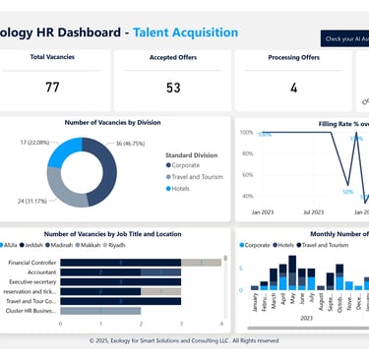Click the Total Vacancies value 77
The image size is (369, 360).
[x=52, y=88]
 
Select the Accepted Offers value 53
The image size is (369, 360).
[x=173, y=88]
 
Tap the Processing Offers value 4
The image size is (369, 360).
[x=293, y=88]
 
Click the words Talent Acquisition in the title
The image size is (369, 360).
[x=185, y=32]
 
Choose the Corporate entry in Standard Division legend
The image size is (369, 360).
[x=192, y=166]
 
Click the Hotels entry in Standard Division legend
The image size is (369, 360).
[x=187, y=188]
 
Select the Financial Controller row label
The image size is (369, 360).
[x=31, y=263]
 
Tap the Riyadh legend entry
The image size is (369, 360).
[x=116, y=244]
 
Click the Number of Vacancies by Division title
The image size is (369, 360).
[x=112, y=122]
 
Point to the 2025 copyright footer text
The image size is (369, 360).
[x=184, y=340]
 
